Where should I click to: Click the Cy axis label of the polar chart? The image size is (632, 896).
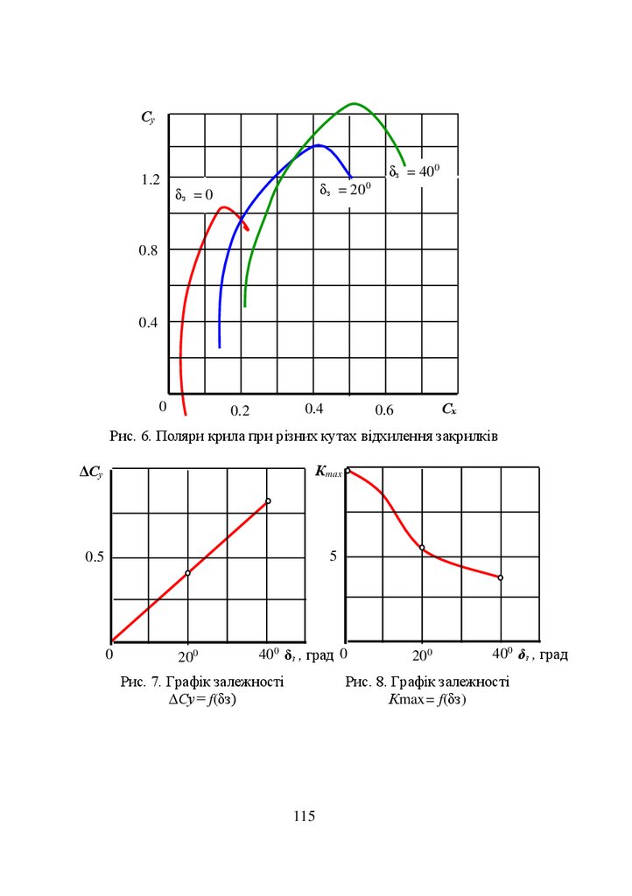point(148,117)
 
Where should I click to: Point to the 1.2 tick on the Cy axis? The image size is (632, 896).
point(151,179)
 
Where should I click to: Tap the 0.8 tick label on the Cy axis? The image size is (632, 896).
point(151,250)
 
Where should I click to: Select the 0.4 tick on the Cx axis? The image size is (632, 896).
point(314,409)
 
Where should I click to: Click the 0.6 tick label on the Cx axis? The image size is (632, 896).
point(384,410)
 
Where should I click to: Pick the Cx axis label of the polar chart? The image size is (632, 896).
point(449,409)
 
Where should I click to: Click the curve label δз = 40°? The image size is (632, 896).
point(412,171)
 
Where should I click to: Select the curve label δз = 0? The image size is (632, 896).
point(193,195)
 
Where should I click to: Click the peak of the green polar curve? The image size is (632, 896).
point(354,103)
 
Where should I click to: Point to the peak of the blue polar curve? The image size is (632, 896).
point(317,145)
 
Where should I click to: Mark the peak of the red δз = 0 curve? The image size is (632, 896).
point(224,207)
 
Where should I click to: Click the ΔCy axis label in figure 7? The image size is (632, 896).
point(91,472)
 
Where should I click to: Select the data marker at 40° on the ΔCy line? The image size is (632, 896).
point(268,500)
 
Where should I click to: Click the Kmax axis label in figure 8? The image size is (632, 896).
point(327,472)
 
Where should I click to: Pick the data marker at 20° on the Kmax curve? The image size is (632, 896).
point(422,548)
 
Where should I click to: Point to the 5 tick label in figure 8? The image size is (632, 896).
point(333,557)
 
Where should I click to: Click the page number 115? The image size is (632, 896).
point(304,816)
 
